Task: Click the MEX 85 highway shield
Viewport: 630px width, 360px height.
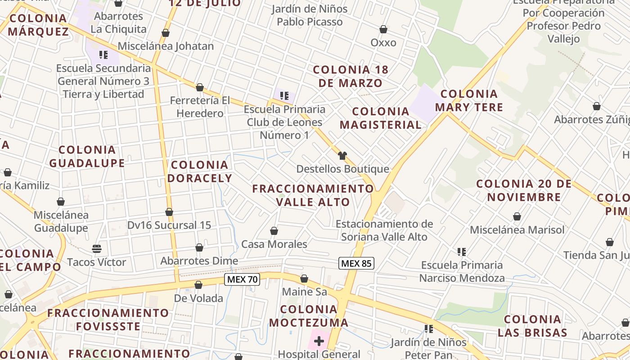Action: pos(356,263)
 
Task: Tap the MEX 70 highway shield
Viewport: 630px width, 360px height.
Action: pos(242,279)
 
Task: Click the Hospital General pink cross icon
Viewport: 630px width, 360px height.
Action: pos(319,341)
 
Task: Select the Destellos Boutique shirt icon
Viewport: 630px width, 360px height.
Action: pos(342,156)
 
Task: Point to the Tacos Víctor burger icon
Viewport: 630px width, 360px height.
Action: pos(96,248)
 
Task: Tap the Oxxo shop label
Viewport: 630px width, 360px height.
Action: pos(383,43)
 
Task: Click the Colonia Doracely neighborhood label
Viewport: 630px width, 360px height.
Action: pos(200,171)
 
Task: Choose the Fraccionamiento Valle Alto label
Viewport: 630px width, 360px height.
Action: pos(313,195)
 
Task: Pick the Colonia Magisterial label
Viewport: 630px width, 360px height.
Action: pos(380,118)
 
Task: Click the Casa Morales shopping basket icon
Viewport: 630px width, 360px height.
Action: pos(274,231)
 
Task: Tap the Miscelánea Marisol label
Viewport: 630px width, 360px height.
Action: pos(517,230)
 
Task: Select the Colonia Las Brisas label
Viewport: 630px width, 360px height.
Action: pos(532,326)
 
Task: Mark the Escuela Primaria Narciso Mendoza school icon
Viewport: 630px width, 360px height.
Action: pos(462,252)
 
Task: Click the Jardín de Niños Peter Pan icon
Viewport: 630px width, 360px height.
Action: pos(428,329)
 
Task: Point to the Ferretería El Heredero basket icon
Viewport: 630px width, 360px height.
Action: pos(200,87)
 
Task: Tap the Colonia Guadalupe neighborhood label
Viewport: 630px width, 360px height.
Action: pos(87,156)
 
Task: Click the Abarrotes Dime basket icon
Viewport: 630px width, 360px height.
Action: pos(199,248)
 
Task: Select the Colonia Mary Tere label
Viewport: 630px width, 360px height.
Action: pos(469,100)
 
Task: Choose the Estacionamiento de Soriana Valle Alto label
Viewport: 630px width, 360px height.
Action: pos(384,230)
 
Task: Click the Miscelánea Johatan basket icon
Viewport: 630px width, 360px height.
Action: pos(166,33)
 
